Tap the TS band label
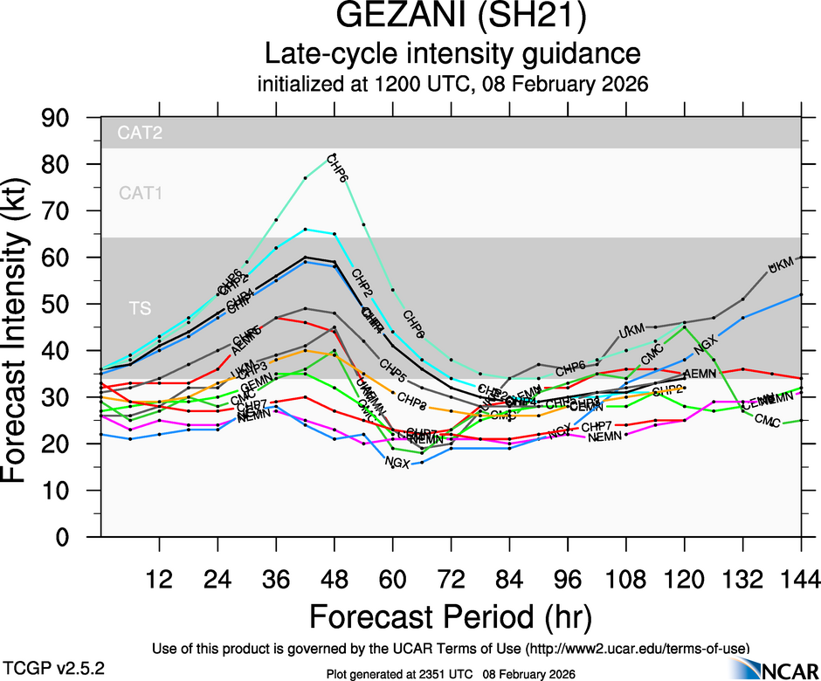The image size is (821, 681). pos(140,308)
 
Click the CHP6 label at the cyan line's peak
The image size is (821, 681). pos(337,169)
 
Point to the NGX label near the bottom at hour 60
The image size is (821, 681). pos(397,461)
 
